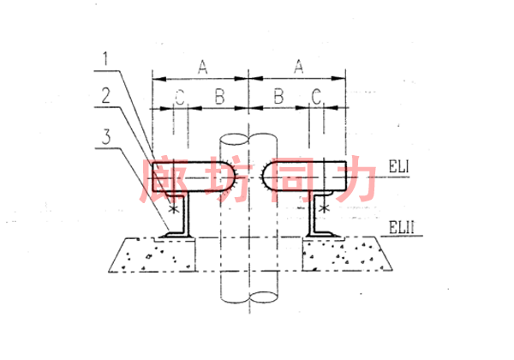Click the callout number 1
coord(105,59)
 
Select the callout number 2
coord(106,96)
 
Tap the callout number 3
coord(106,136)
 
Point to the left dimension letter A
coord(203,67)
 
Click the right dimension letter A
coord(299,67)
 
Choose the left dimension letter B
coord(219,97)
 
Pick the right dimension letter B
coord(278,96)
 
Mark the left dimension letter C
coord(180,97)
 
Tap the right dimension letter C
coord(316,97)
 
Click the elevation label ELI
coord(399,166)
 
